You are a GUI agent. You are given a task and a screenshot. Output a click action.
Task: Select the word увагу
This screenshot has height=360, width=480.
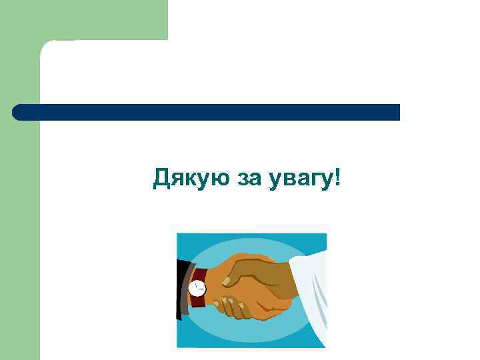302,179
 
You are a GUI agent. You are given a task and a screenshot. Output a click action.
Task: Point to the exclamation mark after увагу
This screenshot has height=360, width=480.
337,177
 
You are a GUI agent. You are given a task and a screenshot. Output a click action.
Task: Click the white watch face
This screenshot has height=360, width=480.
197,288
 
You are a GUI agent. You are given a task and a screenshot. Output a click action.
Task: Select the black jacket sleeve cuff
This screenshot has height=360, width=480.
181,288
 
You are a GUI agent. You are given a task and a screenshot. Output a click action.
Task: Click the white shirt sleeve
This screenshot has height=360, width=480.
310,293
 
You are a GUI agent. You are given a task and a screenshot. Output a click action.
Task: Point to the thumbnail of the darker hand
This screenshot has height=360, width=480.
226,281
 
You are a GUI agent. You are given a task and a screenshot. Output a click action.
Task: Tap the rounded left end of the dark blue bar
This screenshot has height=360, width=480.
19,112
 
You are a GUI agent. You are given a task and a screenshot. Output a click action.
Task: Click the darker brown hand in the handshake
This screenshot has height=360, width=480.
260,270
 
